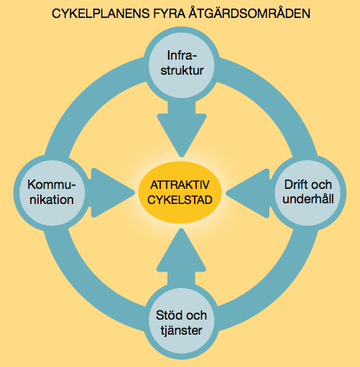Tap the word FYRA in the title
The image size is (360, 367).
pos(167,14)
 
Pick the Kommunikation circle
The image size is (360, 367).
pos(52,192)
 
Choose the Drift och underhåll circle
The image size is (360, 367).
pos(308,192)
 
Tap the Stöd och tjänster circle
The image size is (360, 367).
pos(181,321)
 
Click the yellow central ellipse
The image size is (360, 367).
pos(180,192)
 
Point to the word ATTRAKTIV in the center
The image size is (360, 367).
pos(180,185)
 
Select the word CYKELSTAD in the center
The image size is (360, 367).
pos(180,200)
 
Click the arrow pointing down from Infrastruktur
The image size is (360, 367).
pos(182,128)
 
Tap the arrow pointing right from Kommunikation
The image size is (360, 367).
pos(112,192)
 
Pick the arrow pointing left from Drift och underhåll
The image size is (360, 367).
pos(249,193)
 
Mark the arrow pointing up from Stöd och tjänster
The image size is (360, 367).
pos(181,257)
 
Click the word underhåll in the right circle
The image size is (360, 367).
pos(308,199)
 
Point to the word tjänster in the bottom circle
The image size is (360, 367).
pos(181,330)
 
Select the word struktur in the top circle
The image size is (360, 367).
pos(182,70)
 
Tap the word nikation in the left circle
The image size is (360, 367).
pos(52,200)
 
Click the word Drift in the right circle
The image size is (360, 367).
pos(294,185)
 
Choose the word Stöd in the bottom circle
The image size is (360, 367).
pos(168,315)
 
